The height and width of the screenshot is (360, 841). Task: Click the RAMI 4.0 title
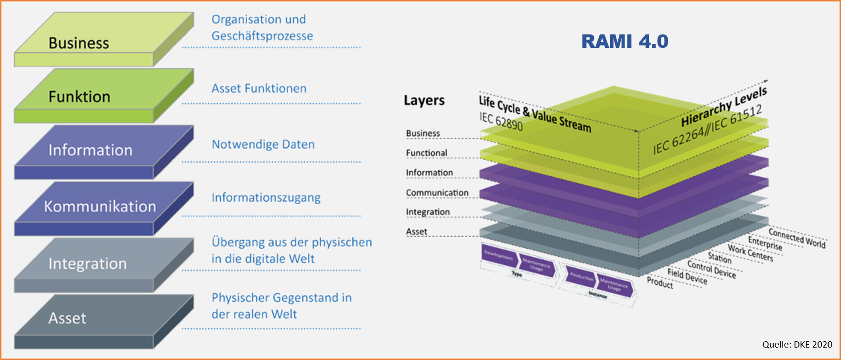coord(625,42)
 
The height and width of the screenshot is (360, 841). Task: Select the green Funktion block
coord(80,97)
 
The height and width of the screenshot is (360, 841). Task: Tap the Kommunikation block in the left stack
coord(100,207)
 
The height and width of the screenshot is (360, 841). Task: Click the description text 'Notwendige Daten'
coord(263,144)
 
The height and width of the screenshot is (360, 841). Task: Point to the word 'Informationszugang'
coord(266,197)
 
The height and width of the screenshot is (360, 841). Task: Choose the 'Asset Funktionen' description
coord(259,88)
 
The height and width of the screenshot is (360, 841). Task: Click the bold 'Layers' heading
coord(424,100)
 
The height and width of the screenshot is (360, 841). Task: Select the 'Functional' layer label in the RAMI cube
coord(426,153)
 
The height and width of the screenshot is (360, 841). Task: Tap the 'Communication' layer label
coord(437,193)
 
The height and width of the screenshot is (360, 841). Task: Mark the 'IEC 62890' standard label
coord(501,121)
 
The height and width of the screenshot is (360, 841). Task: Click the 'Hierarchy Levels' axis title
coord(723,107)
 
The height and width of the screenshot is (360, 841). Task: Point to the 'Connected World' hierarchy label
coord(797,238)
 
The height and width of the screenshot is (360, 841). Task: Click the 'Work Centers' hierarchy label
coord(750,253)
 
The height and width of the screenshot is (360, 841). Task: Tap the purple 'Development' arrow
coord(499,256)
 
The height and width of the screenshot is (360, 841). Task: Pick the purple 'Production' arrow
coord(582,277)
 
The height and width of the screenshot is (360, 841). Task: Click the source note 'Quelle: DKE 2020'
coord(797,344)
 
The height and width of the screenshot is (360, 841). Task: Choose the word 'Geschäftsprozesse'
coord(262,36)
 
